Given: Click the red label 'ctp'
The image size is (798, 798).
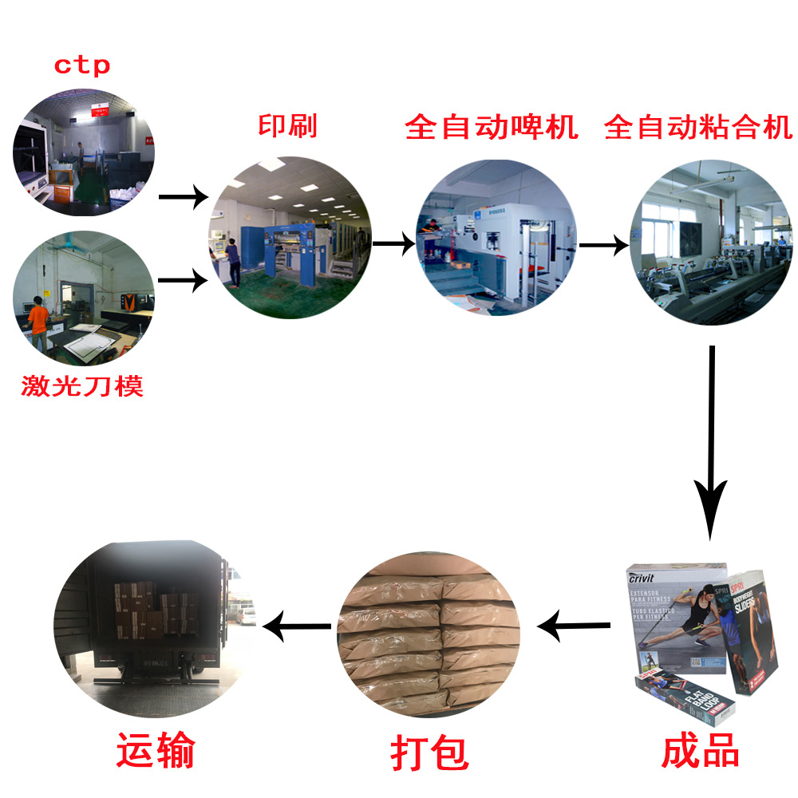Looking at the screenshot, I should tap(81, 65).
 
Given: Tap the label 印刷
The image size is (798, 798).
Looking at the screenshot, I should tap(287, 126).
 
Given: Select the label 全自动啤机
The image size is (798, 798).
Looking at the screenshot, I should tap(492, 127).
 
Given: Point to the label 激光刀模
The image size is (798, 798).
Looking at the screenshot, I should tap(82, 387).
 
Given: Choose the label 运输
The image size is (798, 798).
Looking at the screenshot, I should tap(156, 750).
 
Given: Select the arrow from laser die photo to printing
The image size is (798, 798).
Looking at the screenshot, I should tap(182, 280).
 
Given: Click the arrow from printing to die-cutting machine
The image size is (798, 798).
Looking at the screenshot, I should tap(393, 243).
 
